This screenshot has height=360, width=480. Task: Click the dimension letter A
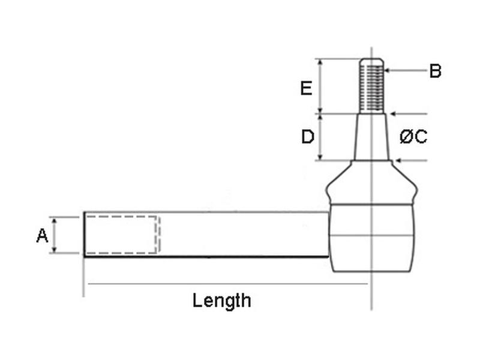pos(42,235)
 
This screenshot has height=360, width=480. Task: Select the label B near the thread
pos(435,71)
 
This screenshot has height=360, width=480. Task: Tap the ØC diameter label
pos(413,137)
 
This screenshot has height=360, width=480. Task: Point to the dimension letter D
pos(307,137)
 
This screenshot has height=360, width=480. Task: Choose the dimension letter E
pos(306,88)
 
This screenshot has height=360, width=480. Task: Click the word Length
pos(221,300)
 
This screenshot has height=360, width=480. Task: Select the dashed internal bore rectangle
pos(122,235)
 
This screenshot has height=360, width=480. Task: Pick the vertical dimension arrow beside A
pos(55,235)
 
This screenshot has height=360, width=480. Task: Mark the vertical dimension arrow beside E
pos(320,86)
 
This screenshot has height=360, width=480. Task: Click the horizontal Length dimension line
pos(228,283)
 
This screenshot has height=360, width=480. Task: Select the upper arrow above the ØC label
pos(408,113)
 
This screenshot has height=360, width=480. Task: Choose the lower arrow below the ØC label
pos(411,160)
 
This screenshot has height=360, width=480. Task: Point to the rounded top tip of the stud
pos(372,61)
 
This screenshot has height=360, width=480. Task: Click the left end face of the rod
pos(85,234)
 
